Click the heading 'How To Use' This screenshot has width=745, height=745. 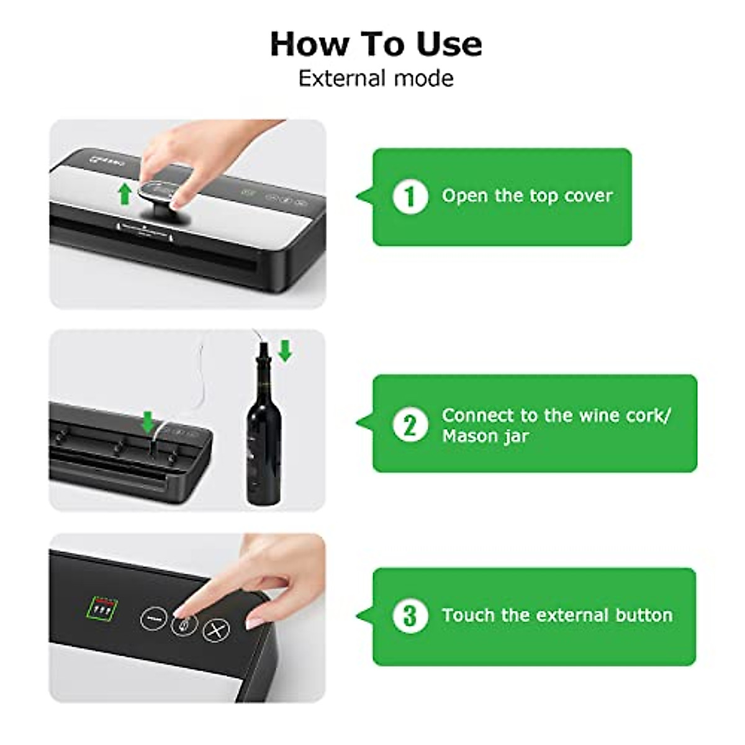click(x=376, y=44)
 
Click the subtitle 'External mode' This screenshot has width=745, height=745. click(x=376, y=79)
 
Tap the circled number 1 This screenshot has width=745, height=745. click(x=410, y=197)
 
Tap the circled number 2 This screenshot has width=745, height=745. click(x=410, y=425)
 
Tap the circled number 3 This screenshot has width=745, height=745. click(x=410, y=615)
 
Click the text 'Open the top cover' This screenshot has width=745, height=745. click(x=527, y=196)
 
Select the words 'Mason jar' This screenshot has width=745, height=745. click(x=485, y=436)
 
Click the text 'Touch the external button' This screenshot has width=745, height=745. click(x=557, y=615)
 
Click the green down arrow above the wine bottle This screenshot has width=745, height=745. click(x=285, y=351)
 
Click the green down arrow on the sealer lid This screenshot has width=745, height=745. click(x=147, y=422)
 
